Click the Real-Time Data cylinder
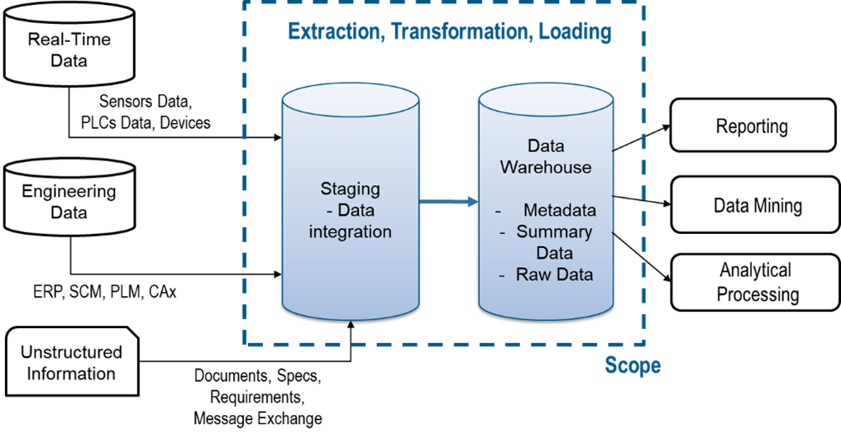point(69,45)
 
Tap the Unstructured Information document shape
point(71,362)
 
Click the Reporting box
point(752,126)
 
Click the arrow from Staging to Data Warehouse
point(448,202)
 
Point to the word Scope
point(632,365)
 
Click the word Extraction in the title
point(334,32)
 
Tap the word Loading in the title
point(575,32)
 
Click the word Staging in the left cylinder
point(350,188)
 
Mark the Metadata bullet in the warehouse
point(559,210)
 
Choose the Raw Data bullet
point(554,274)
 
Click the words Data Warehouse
point(546,156)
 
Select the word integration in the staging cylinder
point(350,232)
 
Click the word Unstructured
point(71,351)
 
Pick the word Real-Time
point(69,39)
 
